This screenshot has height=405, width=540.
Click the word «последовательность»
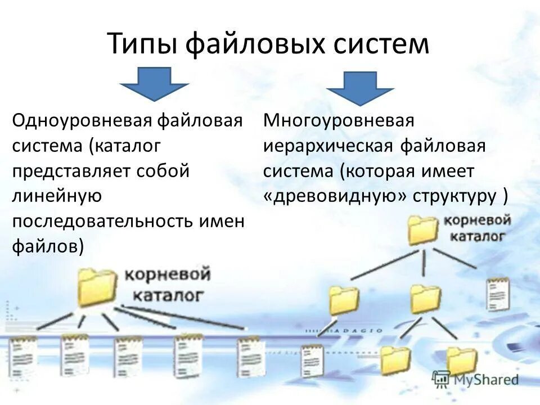pyautogui.click(x=102, y=221)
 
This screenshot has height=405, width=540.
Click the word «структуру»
pyautogui.click(x=456, y=196)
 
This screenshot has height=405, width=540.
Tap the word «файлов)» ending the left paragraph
pyautogui.click(x=48, y=246)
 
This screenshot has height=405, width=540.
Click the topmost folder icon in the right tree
pyautogui.click(x=423, y=229)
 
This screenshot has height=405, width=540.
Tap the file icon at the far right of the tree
pyautogui.click(x=498, y=293)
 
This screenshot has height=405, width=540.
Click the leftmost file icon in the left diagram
pyautogui.click(x=21, y=353)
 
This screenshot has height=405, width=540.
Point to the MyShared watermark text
pyautogui.click(x=486, y=380)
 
